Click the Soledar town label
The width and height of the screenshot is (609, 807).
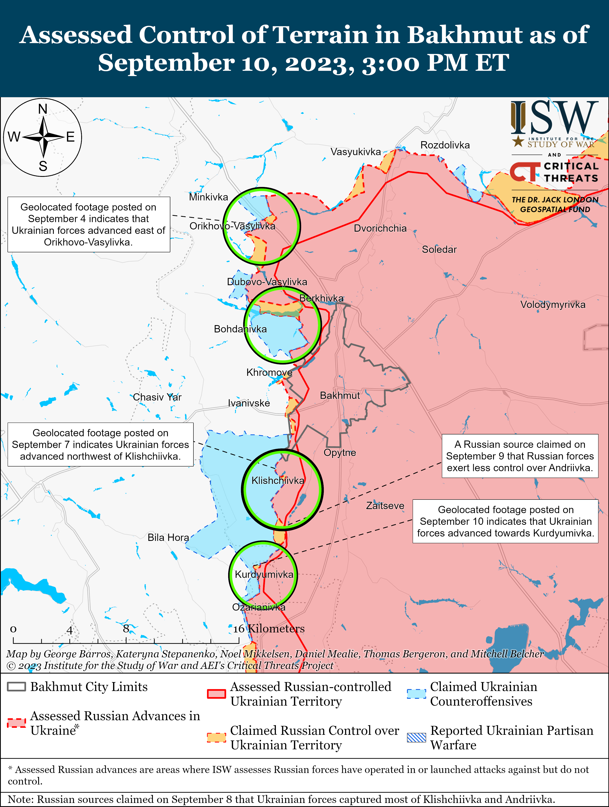[439, 249]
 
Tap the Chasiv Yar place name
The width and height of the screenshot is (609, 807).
[157, 397]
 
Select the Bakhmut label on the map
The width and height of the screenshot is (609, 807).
[340, 395]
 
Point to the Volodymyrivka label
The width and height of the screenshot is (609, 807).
[553, 305]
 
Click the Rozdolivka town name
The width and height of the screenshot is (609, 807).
[445, 145]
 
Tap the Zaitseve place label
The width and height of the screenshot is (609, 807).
[385, 506]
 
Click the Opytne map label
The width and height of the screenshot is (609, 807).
[340, 453]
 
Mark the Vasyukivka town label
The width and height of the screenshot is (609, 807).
[356, 152]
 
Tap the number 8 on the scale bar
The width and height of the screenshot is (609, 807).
[126, 629]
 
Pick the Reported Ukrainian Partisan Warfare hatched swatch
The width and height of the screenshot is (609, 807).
[416, 738]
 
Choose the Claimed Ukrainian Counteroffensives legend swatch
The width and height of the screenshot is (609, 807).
[416, 694]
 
